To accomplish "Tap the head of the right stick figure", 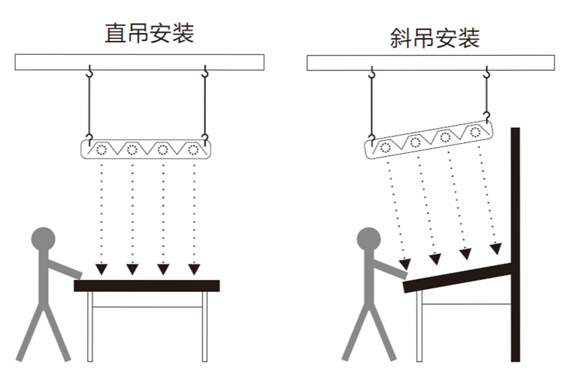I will pos(369,239).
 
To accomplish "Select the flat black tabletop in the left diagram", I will pos(146,285).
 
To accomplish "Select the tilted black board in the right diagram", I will pos(455,276).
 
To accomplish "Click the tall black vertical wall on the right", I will pos(515,244).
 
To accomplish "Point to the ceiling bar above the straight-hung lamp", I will pos(139,62).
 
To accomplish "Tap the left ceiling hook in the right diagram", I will pos(372,73).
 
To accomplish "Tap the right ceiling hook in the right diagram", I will pos(486,73).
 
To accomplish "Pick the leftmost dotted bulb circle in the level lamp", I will pos(101,149).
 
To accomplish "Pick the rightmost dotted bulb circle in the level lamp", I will pos(192,149).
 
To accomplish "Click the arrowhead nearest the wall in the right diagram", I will pos(496,249).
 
